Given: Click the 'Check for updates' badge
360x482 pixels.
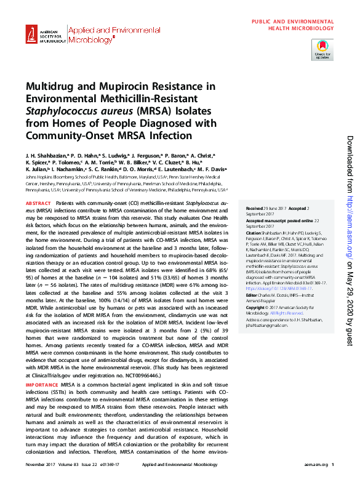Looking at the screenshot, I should tap(322, 50).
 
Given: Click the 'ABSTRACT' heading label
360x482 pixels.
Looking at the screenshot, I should tap(38, 203).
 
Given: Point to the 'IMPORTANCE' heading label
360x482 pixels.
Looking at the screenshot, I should tap(41, 384).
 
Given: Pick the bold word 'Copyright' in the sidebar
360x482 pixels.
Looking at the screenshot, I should tap(255, 307).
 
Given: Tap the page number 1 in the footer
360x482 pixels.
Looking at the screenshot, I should tap(332, 464).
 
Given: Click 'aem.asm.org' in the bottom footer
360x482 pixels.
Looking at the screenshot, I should tap(312, 464).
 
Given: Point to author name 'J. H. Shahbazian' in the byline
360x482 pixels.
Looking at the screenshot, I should tap(46, 157).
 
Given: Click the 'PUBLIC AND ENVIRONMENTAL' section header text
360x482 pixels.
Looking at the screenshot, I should tap(292, 22).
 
